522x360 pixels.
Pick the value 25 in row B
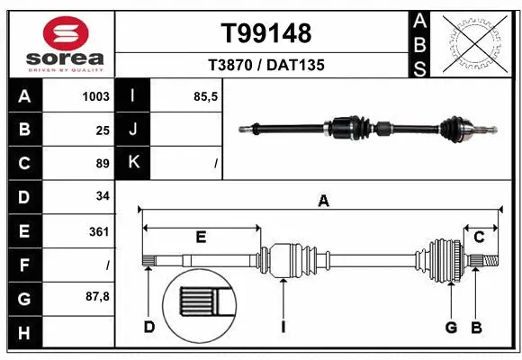102,130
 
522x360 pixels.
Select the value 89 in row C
102,164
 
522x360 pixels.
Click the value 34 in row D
102,196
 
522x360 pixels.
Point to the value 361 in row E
98,231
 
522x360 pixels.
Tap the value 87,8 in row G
96,296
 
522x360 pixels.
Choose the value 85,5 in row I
205,96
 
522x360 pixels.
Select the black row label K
133,163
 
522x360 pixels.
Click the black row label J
133,130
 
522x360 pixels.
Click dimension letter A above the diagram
323,202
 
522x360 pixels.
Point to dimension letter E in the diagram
201,238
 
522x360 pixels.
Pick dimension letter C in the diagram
479,238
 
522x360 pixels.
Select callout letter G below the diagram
451,327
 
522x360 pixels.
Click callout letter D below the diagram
149,327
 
